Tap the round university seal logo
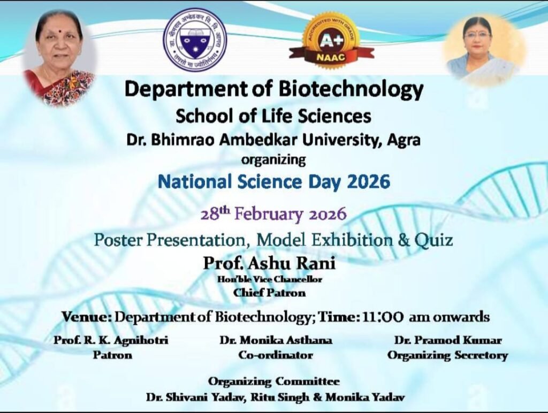pos(195,40)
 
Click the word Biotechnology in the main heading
pos(351,90)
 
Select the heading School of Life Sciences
pos(273,116)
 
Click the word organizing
pos(273,160)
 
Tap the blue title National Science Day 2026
pos(273,182)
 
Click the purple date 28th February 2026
pos(273,213)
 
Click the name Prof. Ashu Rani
pos(270,263)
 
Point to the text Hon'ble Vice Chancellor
pos(270,279)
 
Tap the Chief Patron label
pos(270,293)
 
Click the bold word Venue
pos(87,317)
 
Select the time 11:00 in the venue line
pos(383,317)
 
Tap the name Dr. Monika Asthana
pos(276,340)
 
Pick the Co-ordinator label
pos(276,355)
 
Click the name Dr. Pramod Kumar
pos(448,340)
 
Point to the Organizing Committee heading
pos(273,381)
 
